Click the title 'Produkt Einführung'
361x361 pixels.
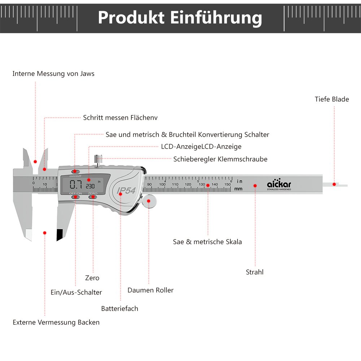pyautogui.click(x=180, y=18)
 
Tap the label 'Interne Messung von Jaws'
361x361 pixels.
pyautogui.click(x=53, y=74)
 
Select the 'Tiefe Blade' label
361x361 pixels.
pyautogui.click(x=332, y=99)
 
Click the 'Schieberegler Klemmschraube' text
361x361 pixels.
pyautogui.click(x=220, y=159)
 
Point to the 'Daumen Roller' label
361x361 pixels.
pyautogui.click(x=151, y=290)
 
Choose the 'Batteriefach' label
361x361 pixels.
pyautogui.click(x=119, y=309)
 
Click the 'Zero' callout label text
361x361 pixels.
pyautogui.click(x=92, y=278)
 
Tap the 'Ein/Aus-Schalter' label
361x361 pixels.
pyautogui.click(x=76, y=292)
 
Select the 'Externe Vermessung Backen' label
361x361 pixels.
pyautogui.click(x=56, y=322)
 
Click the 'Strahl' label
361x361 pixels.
pyautogui.click(x=255, y=272)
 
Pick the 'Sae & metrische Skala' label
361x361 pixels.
pyautogui.click(x=207, y=242)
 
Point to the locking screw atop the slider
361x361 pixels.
pyautogui.click(x=98, y=159)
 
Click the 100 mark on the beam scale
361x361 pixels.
pyautogui.click(x=162, y=184)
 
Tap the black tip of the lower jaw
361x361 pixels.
pyautogui.click(x=60, y=235)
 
